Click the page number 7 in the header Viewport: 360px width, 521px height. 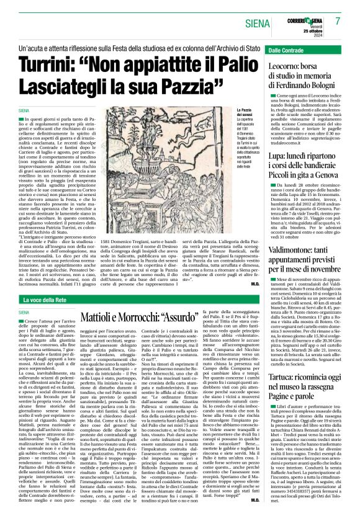(339, 20)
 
